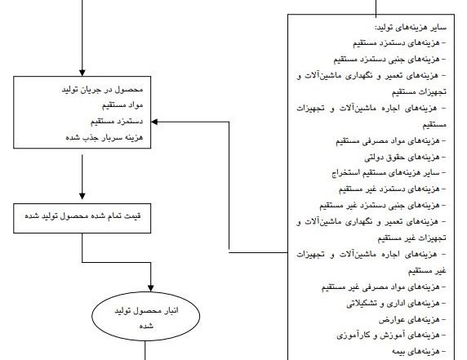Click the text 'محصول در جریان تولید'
click(x=102, y=89)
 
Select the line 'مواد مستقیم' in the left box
click(x=122, y=105)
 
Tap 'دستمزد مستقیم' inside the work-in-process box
click(x=117, y=122)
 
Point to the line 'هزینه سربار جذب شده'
click(x=105, y=138)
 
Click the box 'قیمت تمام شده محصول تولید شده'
click(x=82, y=218)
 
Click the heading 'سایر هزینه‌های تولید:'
click(x=411, y=28)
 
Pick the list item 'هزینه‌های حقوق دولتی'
click(x=405, y=157)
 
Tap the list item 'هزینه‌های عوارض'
click(x=412, y=320)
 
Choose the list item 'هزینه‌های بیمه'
click(x=419, y=352)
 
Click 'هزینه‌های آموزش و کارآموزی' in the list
click(x=391, y=336)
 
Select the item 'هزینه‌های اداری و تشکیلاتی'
click(x=396, y=304)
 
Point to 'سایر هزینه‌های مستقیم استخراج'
click(x=389, y=173)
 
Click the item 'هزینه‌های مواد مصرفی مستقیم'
click(x=391, y=140)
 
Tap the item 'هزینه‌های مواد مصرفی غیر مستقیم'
click(x=384, y=287)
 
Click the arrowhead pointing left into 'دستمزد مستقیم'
click(x=154, y=122)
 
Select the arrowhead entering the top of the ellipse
click(x=151, y=288)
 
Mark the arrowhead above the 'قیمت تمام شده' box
click(x=82, y=196)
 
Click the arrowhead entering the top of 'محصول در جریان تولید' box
click(x=82, y=73)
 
